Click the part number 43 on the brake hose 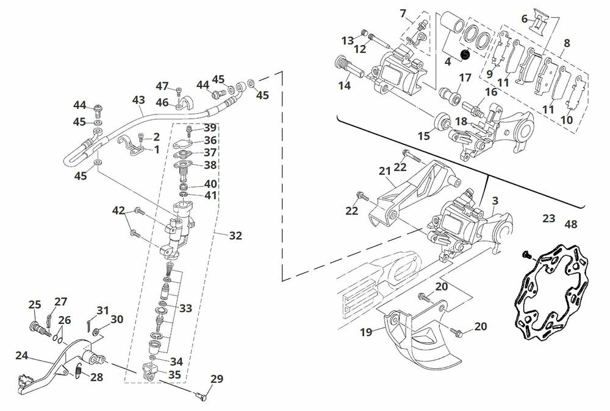click(138, 100)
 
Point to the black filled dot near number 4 click(465, 54)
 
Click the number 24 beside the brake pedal click(21, 355)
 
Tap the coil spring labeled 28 click(79, 368)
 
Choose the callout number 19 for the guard click(366, 332)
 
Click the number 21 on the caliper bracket click(384, 172)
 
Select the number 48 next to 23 click(571, 224)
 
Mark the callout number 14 click(345, 86)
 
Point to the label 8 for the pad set click(567, 43)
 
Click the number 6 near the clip click(524, 19)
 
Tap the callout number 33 click(185, 308)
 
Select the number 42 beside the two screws click(118, 211)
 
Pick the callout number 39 click(210, 128)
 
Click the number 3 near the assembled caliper click(495, 200)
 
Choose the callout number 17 click(465, 78)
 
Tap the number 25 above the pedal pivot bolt click(35, 304)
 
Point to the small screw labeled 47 click(179, 91)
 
